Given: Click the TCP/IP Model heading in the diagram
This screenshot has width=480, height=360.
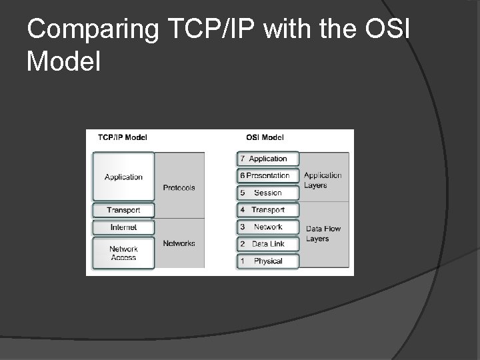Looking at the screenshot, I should pos(123,137).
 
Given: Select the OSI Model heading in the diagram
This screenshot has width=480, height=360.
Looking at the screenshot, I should pos(265,137).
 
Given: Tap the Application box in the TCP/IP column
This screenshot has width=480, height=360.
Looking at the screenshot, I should pos(123,177).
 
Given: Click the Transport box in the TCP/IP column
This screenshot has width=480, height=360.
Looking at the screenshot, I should pos(123,210).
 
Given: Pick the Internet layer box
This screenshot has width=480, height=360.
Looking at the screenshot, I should pos(123,227).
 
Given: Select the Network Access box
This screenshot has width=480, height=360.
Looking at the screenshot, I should pos(123,253).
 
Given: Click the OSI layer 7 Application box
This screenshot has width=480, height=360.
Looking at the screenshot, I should pos(268,159).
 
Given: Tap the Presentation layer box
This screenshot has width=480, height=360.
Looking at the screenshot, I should pos(268,176).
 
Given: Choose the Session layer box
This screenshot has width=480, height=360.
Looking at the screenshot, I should pos(268,193).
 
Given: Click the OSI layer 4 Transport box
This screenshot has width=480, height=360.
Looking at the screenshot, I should pos(268,210).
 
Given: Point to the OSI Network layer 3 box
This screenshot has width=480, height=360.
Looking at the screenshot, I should pos(268,227).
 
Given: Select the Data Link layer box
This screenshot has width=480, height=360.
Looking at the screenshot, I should pos(268,244).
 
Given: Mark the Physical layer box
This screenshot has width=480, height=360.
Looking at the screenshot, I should pos(268,261).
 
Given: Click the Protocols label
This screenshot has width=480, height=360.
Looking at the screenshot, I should pos(179,188).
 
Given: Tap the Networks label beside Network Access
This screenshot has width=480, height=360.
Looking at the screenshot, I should pos(179,243).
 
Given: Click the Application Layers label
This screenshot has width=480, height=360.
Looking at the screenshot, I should pos(323,181).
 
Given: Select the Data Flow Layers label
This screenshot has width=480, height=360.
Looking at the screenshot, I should pos(323,233).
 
